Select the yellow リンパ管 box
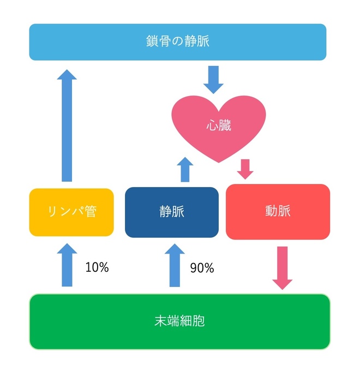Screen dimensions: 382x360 pyautogui.click(x=71, y=212)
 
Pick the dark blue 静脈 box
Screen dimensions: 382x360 pyautogui.click(x=172, y=212)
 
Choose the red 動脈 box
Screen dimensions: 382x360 pyautogui.click(x=278, y=212)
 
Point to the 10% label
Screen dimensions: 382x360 pyautogui.click(x=97, y=267)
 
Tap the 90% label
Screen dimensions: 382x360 pyautogui.click(x=202, y=268)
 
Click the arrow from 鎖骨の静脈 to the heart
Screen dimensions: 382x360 pyautogui.click(x=213, y=80)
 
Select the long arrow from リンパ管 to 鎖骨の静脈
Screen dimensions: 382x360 pyautogui.click(x=67, y=126)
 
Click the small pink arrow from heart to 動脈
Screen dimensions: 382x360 pyautogui.click(x=245, y=169)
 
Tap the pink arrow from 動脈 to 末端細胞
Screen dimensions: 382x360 pyautogui.click(x=283, y=267)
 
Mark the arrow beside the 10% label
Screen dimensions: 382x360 pyautogui.click(x=67, y=266)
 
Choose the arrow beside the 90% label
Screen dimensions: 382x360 pyautogui.click(x=175, y=266)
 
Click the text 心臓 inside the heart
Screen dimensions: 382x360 pyautogui.click(x=218, y=126)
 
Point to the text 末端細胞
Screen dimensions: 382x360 pyautogui.click(x=179, y=321)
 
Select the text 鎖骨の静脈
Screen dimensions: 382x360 pyautogui.click(x=178, y=41)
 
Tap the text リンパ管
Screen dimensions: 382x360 pyautogui.click(x=71, y=212)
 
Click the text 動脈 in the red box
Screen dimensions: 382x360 pyautogui.click(x=278, y=212)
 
